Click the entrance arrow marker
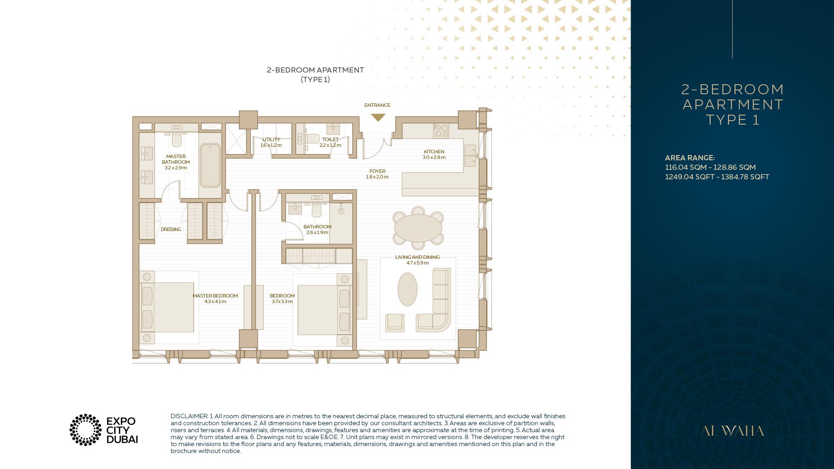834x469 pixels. click(x=378, y=117)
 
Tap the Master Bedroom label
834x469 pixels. click(x=215, y=296)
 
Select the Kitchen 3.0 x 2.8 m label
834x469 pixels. click(x=434, y=155)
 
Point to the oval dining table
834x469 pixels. click(x=418, y=228)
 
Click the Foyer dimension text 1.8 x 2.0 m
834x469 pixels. click(x=377, y=177)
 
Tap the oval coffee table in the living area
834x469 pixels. click(x=407, y=289)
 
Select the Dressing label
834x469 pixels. click(x=171, y=229)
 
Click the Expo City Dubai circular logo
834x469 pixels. click(x=86, y=430)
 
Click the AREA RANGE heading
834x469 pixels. click(x=690, y=158)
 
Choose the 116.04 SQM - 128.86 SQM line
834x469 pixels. click(x=710, y=167)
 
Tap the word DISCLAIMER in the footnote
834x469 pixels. click(x=189, y=416)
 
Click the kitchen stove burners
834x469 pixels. click(x=442, y=131)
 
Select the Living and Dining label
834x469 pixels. click(x=417, y=257)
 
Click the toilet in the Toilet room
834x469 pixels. click(x=312, y=139)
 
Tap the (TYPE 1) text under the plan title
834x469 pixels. click(x=315, y=79)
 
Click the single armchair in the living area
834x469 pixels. click(x=395, y=323)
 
